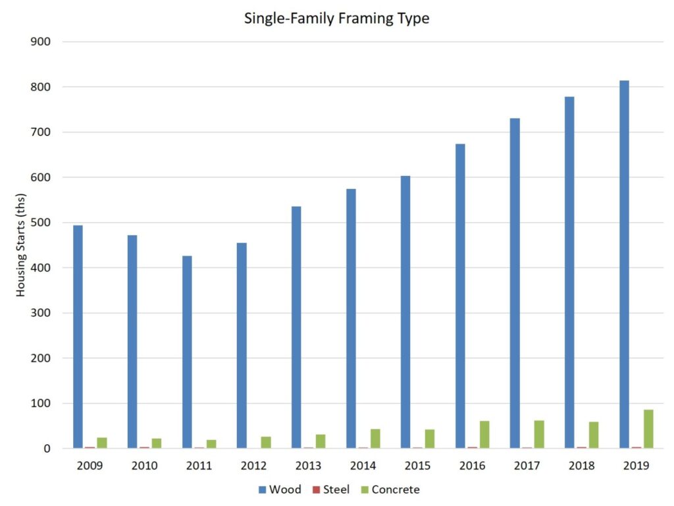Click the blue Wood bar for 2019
point(625,264)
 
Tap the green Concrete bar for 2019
point(648,429)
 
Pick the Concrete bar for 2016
point(484,434)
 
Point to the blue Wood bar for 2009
point(78,337)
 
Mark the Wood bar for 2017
point(515,283)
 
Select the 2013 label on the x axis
point(308,466)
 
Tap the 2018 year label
point(581,466)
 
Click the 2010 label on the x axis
point(144,466)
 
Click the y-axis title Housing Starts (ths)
point(22,245)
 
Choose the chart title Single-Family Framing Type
point(336,18)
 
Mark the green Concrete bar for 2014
point(375,439)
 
